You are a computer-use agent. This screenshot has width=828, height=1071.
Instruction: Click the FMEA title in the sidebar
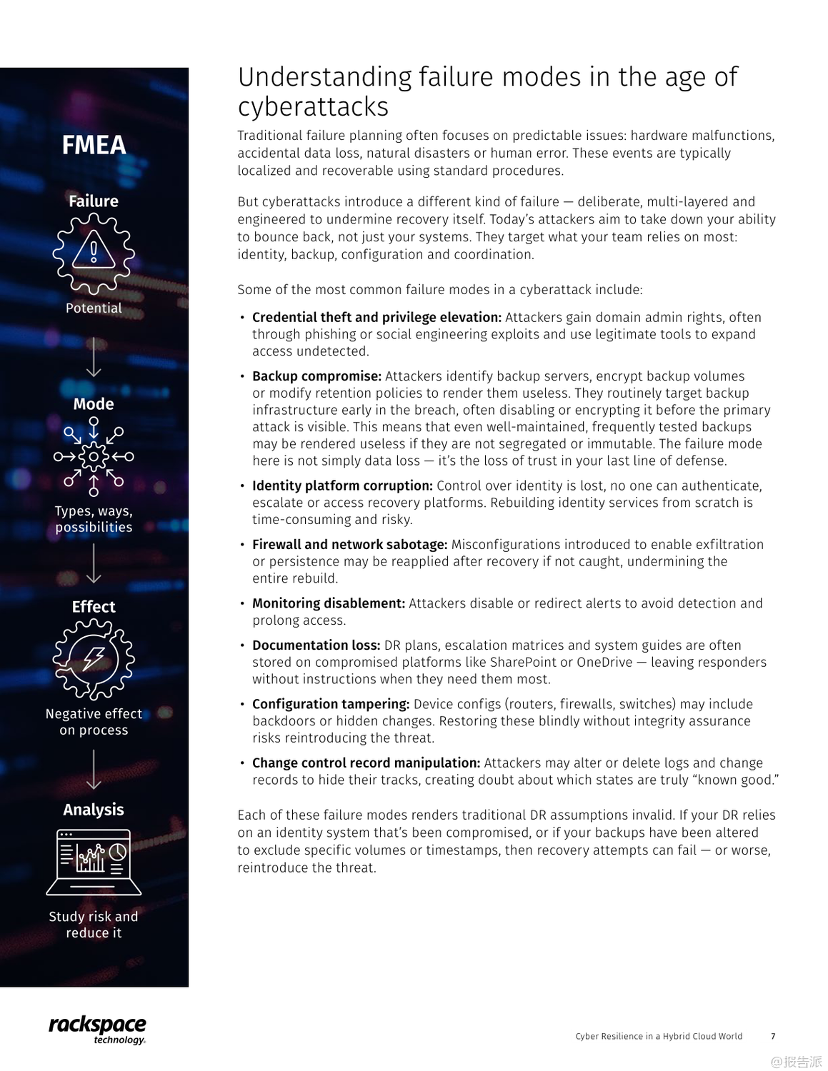94,145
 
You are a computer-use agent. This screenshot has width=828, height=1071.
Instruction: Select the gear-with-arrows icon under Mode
94,456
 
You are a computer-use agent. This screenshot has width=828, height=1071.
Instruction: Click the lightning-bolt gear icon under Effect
94,658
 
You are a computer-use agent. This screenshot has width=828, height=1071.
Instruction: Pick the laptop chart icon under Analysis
94,862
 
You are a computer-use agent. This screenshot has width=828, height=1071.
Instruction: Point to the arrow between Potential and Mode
94,356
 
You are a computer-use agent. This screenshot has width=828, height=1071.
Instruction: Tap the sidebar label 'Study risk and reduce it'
94,925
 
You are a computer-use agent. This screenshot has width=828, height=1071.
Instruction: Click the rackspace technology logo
97,1029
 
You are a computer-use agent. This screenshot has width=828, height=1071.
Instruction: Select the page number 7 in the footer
773,1036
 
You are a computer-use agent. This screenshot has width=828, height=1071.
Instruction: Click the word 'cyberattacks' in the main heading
313,106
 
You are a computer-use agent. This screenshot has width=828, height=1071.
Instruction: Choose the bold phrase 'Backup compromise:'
316,376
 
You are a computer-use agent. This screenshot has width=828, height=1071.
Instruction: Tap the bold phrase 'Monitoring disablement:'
329,603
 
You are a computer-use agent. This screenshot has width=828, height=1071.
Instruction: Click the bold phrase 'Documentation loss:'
316,645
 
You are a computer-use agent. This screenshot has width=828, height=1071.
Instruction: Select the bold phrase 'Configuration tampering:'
331,704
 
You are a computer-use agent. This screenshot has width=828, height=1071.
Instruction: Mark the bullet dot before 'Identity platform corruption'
242,486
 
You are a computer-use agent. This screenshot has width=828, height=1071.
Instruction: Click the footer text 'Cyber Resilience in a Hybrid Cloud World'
659,1036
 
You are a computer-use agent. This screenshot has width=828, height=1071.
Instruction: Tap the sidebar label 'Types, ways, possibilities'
94,519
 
